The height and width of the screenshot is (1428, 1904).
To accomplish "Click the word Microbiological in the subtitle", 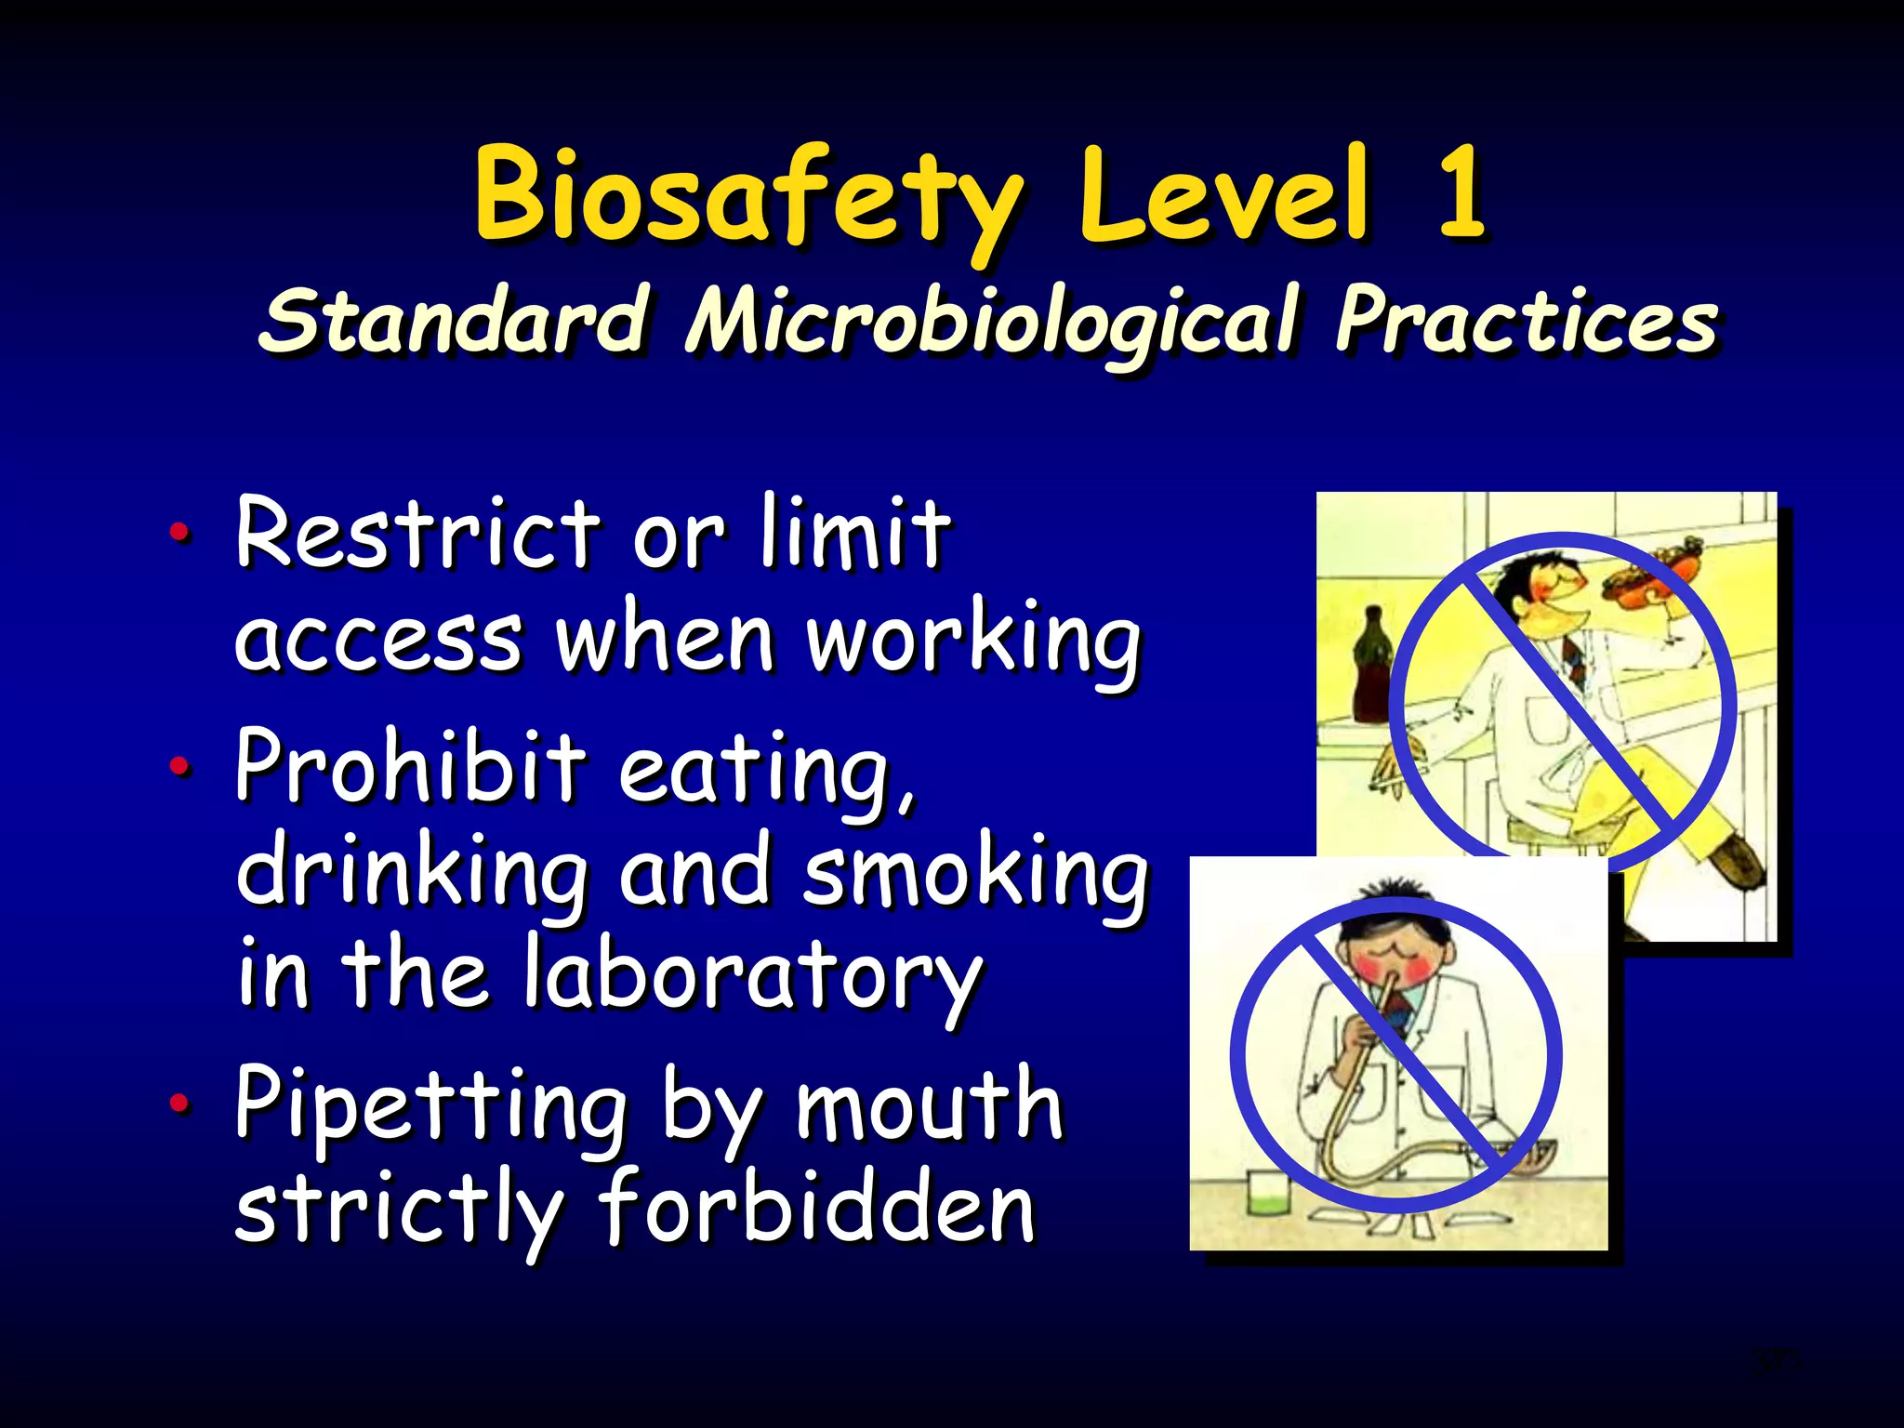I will coord(990,321).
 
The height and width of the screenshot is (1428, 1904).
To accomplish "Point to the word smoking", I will coord(975,872).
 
